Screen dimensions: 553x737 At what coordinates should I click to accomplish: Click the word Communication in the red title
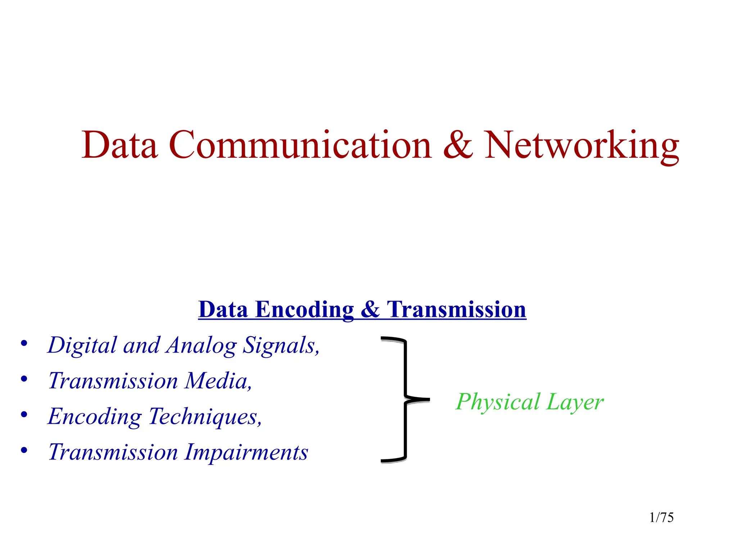tap(300, 145)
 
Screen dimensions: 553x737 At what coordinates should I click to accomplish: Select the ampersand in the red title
tap(457, 145)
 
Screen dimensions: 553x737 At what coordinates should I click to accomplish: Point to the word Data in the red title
tap(119, 145)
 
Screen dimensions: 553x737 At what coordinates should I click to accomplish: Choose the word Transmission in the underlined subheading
tap(456, 310)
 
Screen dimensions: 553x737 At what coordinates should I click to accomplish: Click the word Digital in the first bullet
tap(82, 345)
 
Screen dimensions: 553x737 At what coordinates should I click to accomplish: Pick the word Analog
tap(201, 346)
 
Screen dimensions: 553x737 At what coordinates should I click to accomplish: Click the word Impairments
tap(247, 452)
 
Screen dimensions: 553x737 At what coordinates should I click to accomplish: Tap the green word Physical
tap(498, 403)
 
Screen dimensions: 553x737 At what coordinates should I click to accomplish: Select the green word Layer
tap(575, 403)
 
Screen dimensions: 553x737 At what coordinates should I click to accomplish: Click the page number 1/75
tap(661, 518)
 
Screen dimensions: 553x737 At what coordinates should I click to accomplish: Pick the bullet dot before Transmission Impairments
tap(24, 450)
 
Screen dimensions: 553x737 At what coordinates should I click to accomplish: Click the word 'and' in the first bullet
tap(141, 345)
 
